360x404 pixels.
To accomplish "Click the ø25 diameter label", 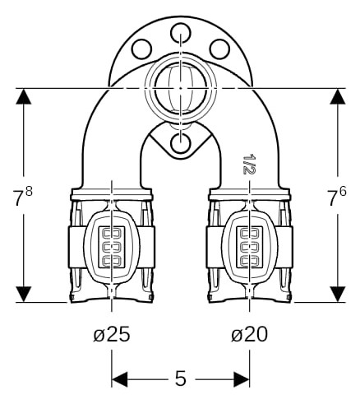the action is click(x=112, y=334).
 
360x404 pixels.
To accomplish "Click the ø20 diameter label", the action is click(x=249, y=334).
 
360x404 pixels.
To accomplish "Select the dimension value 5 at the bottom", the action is click(x=181, y=378).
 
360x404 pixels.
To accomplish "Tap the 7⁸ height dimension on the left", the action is click(x=22, y=195).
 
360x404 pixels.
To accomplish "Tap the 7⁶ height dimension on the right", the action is click(x=337, y=195).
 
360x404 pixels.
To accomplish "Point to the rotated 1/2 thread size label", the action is click(x=249, y=164).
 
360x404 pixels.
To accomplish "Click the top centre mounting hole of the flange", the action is click(x=180, y=33).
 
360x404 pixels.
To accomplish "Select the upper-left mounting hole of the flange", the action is click(x=141, y=49).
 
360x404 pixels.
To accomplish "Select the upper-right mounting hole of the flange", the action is click(x=219, y=49).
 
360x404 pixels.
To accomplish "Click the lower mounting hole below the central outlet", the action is click(x=180, y=142).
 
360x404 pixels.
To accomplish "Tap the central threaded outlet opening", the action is click(x=180, y=88).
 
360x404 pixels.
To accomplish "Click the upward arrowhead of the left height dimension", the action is click(x=24, y=96).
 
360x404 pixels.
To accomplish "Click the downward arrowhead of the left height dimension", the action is click(x=24, y=295).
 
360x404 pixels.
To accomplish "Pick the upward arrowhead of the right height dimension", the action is click(x=337, y=96).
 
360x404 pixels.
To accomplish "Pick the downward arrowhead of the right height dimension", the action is click(x=337, y=295).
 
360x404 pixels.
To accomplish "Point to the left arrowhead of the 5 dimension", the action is click(x=120, y=379).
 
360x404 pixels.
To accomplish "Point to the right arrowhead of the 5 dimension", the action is click(x=242, y=379).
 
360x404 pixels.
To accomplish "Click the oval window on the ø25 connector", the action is click(x=112, y=247).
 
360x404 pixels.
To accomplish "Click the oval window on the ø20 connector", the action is click(x=249, y=247).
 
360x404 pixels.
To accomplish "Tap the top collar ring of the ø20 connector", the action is click(x=249, y=194).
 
